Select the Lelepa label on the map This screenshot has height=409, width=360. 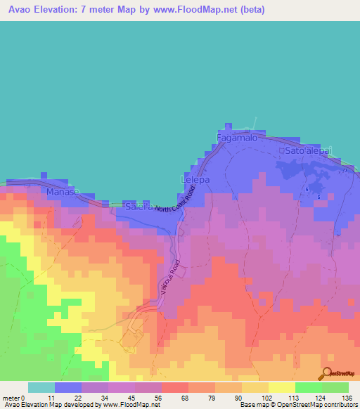pyautogui.click(x=197, y=180)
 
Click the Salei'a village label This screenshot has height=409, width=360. pyautogui.click(x=139, y=207)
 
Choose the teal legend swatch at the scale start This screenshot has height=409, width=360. pyautogui.click(x=41, y=387)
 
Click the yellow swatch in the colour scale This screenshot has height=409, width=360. pyautogui.click(x=281, y=387)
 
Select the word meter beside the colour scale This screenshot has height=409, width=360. pyautogui.click(x=11, y=397)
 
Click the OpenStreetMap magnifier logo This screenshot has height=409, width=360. pyautogui.click(x=326, y=373)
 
